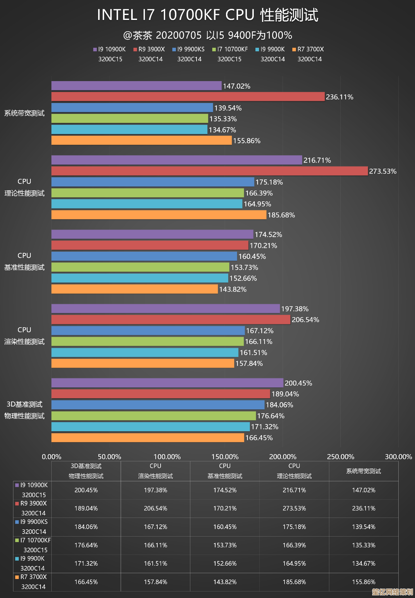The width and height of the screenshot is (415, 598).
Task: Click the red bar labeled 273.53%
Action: pos(209,171)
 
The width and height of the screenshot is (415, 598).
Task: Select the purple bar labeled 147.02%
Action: pos(136,86)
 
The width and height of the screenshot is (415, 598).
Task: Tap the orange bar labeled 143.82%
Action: pos(134,289)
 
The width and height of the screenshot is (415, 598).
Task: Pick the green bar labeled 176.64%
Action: pos(153,416)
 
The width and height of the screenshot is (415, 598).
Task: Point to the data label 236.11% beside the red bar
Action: pos(339,97)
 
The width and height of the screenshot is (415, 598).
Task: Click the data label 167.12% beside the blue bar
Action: pos(260,331)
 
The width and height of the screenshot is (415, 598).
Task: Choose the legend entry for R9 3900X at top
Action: pos(149,49)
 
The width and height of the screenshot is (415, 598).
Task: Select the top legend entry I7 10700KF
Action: pos(230,49)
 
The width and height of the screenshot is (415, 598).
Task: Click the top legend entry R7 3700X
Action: pos(308,49)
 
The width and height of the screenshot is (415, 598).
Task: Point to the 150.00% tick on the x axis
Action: pos(225,457)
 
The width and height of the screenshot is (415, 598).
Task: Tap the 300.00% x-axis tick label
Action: pos(398,457)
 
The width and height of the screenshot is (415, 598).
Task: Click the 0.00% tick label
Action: pos(52,457)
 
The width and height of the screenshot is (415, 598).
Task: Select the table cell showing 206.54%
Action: pos(155,508)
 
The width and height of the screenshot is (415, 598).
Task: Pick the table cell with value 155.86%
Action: pos(364,582)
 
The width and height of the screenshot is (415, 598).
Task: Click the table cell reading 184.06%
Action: pos(86,527)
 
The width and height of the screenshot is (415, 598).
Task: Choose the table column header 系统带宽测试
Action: pos(364,471)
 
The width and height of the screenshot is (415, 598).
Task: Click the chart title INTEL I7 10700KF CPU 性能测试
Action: pos(208,15)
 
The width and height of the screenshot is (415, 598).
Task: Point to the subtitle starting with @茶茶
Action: pos(208,35)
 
